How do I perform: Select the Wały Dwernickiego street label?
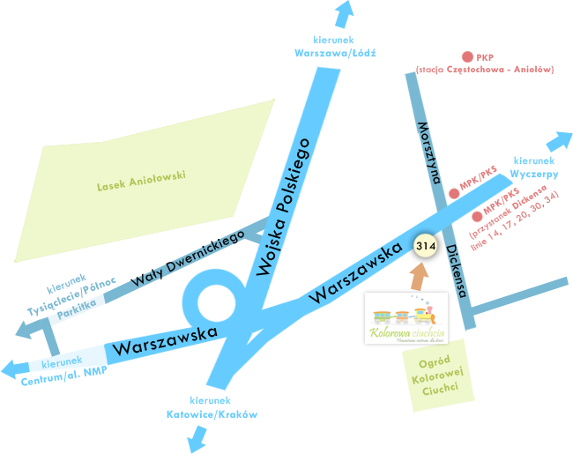188,258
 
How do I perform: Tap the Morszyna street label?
428,152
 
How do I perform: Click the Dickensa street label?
456,271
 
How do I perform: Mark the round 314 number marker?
426,244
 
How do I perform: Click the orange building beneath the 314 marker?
418,275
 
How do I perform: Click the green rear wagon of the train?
383,316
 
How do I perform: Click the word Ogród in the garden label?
436,364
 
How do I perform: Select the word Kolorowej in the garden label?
437,377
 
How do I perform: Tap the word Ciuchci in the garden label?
437,391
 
